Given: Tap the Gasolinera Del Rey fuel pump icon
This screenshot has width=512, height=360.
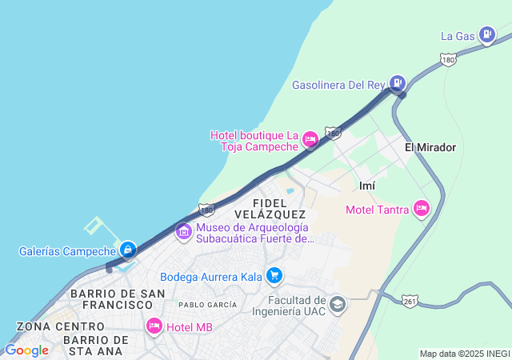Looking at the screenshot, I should [398, 82].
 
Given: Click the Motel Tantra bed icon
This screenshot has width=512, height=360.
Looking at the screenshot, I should [422, 209].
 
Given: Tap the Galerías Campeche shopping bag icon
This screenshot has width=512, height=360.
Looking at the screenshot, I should [128, 250].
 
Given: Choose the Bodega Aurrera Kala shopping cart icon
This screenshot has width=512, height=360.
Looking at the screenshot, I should [274, 276].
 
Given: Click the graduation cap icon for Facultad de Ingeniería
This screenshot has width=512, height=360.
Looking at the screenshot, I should [338, 305].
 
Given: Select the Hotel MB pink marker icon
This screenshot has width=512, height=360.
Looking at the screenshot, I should [154, 326].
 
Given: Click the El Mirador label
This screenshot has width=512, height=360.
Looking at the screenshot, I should [430, 147].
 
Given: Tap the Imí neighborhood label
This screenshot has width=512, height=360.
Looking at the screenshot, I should [367, 186].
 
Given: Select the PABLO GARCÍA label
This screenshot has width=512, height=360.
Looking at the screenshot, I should [207, 305].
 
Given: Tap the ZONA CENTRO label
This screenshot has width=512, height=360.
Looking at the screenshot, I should [60, 326].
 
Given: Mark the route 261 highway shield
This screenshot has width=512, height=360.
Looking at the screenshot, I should [410, 301].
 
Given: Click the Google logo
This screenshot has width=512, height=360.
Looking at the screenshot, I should [26, 350].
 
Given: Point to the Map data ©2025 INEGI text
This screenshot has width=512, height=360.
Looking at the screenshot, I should [464, 354].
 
